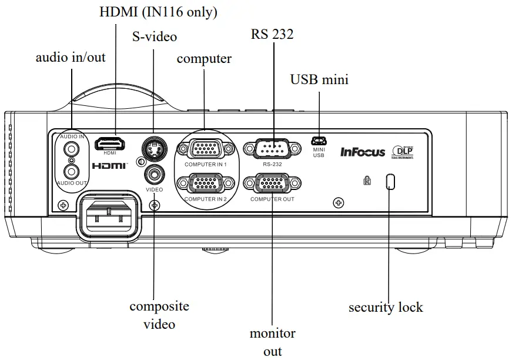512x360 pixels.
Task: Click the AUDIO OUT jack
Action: [x=71, y=171]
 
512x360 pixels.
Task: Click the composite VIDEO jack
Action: [x=154, y=174]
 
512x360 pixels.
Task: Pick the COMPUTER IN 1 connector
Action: [x=205, y=149]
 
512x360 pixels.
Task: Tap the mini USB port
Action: [x=319, y=141]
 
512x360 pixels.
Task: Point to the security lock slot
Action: [x=390, y=182]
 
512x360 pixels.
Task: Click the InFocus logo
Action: [x=363, y=152]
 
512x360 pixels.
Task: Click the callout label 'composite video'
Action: [x=159, y=315]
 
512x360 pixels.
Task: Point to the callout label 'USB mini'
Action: [x=319, y=79]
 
